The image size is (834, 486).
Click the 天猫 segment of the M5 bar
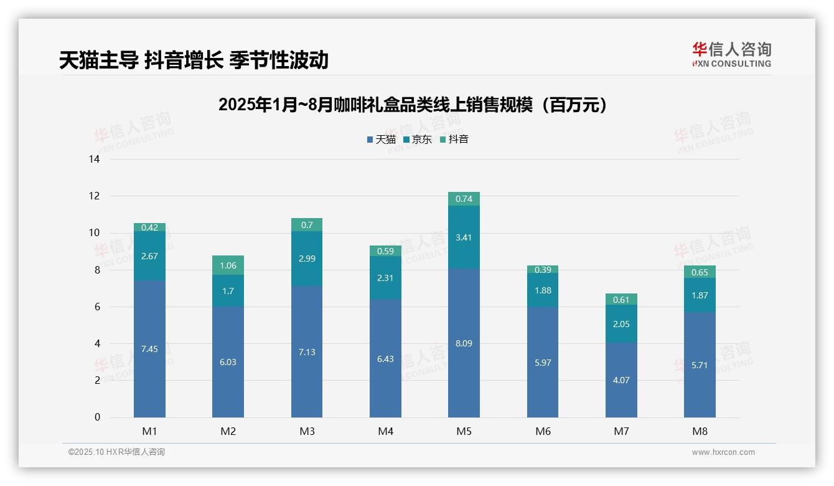pyautogui.click(x=464, y=343)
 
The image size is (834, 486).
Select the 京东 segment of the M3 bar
pyautogui.click(x=307, y=259)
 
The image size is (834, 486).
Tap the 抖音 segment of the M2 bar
pyautogui.click(x=228, y=265)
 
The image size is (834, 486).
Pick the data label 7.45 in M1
pyautogui.click(x=149, y=349)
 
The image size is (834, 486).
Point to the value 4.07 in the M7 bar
pyautogui.click(x=621, y=380)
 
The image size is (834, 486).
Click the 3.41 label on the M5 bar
pyautogui.click(x=464, y=237)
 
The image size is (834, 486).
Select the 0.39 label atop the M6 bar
pyautogui.click(x=543, y=269)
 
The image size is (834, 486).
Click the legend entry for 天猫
pyautogui.click(x=381, y=140)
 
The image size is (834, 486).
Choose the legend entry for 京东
pyautogui.click(x=418, y=140)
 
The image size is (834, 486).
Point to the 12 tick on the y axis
pyautogui.click(x=94, y=196)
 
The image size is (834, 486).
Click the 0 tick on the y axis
pyautogui.click(x=97, y=417)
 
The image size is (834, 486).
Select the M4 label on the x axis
pyautogui.click(x=385, y=431)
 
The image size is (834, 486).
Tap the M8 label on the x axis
pyautogui.click(x=700, y=431)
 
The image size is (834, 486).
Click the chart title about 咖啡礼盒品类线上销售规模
pyautogui.click(x=413, y=105)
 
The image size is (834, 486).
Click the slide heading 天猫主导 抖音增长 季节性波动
pyautogui.click(x=194, y=60)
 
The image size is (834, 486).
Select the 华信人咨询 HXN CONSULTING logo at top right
pyautogui.click(x=731, y=55)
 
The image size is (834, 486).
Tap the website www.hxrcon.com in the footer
pyautogui.click(x=723, y=452)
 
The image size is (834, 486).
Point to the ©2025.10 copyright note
pyautogui.click(x=116, y=452)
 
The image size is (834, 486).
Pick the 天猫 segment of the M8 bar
pyautogui.click(x=700, y=365)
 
